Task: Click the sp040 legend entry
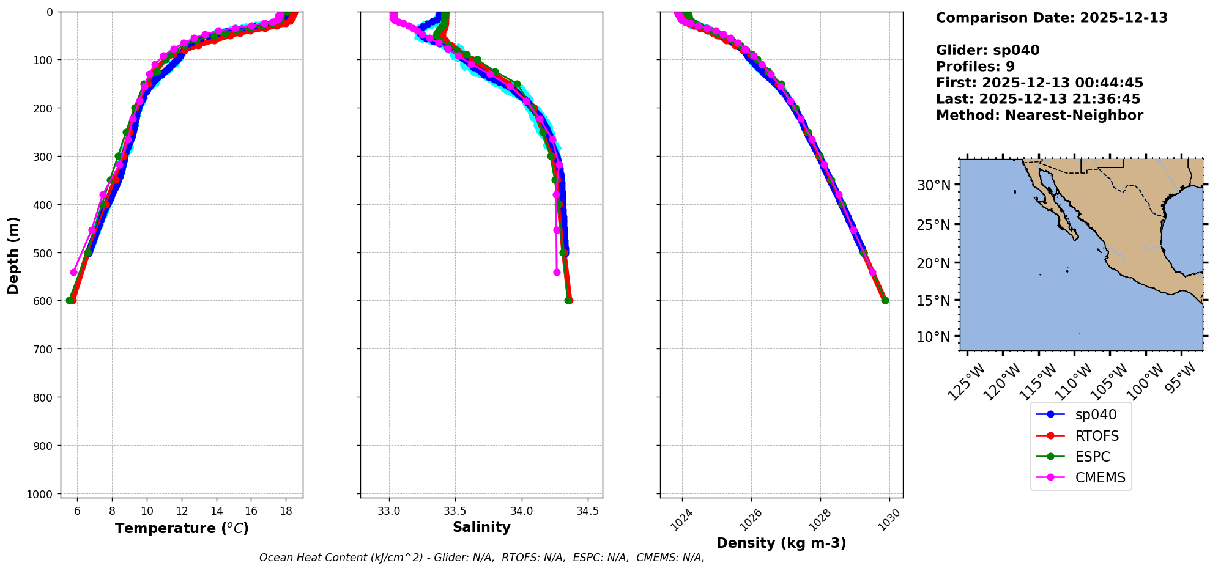pyautogui.click(x=1095, y=414)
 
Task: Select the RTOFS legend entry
pyautogui.click(x=1096, y=436)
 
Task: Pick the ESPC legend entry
pyautogui.click(x=1092, y=457)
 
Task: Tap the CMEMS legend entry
pyautogui.click(x=1100, y=477)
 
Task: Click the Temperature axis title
pyautogui.click(x=182, y=528)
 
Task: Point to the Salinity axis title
pyautogui.click(x=481, y=527)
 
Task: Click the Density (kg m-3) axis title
pyautogui.click(x=781, y=543)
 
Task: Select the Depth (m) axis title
pyautogui.click(x=13, y=255)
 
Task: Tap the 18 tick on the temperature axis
pyautogui.click(x=286, y=511)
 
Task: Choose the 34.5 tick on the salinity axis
pyautogui.click(x=587, y=511)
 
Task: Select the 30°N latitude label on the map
pyautogui.click(x=933, y=185)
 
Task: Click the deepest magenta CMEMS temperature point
pyautogui.click(x=74, y=272)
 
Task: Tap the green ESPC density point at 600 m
pyautogui.click(x=885, y=300)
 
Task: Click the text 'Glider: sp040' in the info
pyautogui.click(x=987, y=50)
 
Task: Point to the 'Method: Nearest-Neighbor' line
pyautogui.click(x=1039, y=115)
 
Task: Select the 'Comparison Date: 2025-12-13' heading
pyautogui.click(x=1052, y=18)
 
